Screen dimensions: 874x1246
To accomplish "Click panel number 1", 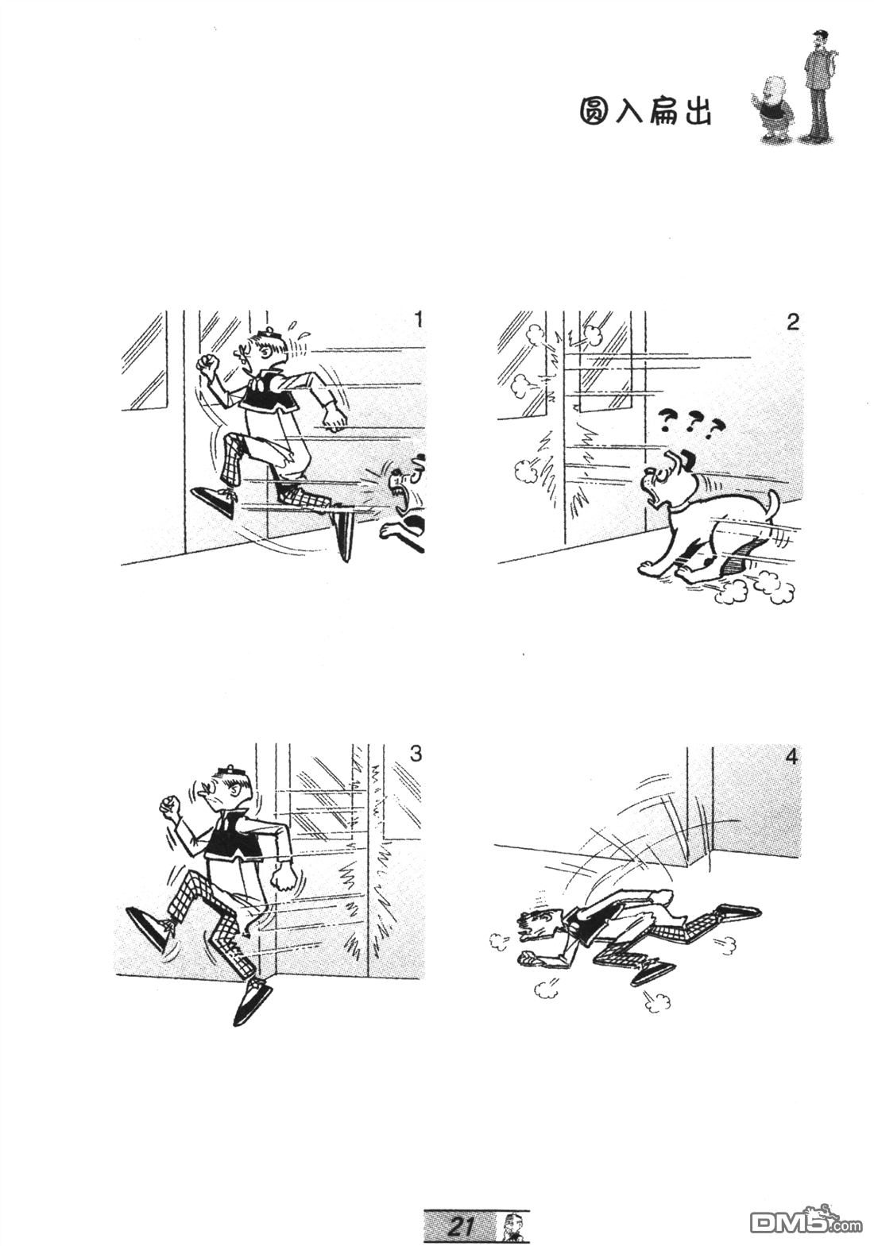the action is point(417,320).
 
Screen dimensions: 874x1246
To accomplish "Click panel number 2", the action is point(793,322).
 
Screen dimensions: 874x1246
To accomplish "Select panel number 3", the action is point(416,754).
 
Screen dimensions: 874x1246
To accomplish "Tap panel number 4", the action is point(792,758).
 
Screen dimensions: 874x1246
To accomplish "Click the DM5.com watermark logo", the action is point(806,1220).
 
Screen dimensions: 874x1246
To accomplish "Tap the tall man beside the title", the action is point(818,85).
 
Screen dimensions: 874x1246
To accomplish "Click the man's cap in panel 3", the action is point(230,772).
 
